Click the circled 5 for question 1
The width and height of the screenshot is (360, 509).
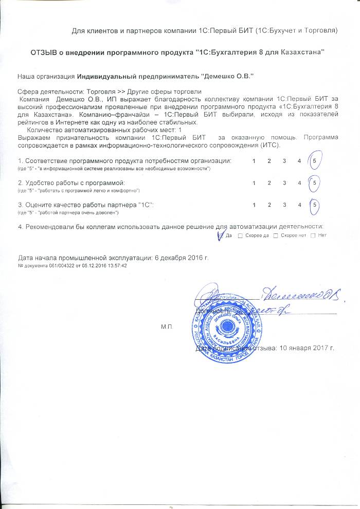coord(314,161)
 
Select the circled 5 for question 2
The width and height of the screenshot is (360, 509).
coord(314,183)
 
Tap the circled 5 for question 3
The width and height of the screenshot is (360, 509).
coord(314,205)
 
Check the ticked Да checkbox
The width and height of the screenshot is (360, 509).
coord(221,235)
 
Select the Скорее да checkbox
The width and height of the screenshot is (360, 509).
coord(241,235)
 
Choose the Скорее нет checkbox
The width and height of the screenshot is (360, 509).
coord(276,235)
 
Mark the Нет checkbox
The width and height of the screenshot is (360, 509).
coord(313,235)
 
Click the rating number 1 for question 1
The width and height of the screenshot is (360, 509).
coord(254,161)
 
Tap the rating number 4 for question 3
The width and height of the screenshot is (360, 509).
coord(299,205)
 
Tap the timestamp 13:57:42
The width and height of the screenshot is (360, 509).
coord(116,266)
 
